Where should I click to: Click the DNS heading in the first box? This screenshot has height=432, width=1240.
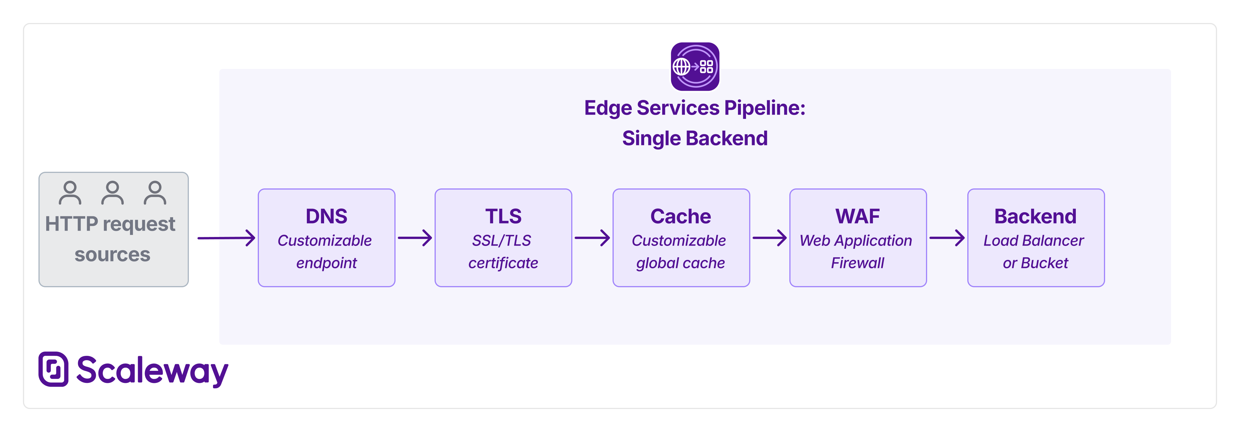[326, 216]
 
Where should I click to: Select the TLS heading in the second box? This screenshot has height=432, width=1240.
[503, 216]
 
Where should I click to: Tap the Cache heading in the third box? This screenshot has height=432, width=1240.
[680, 216]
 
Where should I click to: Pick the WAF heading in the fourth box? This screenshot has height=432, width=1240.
[857, 216]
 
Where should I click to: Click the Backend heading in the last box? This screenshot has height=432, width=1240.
[1035, 216]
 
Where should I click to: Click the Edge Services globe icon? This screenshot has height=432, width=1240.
[695, 66]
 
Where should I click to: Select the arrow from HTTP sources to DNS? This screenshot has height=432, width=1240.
[226, 238]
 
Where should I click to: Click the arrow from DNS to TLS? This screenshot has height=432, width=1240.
[415, 238]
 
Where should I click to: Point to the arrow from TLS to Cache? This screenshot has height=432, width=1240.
[592, 238]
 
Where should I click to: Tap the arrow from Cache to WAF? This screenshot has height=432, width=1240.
[769, 238]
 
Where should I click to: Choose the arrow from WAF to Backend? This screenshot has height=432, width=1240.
[946, 238]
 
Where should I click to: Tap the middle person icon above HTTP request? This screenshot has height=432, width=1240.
[112, 193]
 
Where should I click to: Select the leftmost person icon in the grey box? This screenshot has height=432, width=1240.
[70, 193]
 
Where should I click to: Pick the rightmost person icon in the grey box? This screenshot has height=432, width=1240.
[154, 193]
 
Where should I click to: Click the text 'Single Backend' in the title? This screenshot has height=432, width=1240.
[695, 138]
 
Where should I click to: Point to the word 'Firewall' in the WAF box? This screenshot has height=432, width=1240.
[857, 263]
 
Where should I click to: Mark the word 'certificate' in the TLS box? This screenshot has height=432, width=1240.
[503, 263]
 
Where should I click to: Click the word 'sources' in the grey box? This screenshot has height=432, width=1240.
[112, 254]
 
